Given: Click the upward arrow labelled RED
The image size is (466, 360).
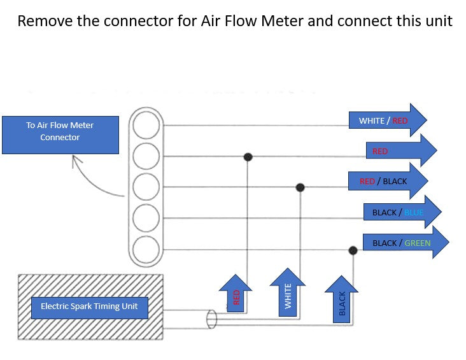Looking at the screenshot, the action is point(236,294).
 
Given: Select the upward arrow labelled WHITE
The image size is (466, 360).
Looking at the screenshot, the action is point(287,292).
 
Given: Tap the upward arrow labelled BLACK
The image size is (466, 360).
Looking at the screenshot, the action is point(341,299).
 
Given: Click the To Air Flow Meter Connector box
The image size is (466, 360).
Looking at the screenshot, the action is point(60,135).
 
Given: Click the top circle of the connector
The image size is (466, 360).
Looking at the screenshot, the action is point(146,126).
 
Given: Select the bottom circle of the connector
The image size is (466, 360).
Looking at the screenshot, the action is point(146,249).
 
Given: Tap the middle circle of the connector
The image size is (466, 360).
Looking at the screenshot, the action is point(146,187).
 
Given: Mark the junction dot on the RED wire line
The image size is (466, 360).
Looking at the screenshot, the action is point(248,157).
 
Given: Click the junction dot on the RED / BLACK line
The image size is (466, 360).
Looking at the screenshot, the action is point(300,187).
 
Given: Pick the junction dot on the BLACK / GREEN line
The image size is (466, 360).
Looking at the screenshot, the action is point(353,250).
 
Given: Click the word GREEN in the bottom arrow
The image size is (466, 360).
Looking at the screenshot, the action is point(417,243).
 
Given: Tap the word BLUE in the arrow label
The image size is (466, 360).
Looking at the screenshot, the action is point(414,212).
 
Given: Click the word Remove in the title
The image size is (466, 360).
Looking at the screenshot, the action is point(45,21).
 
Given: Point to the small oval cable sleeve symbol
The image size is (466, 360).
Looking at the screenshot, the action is point(211,319).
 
